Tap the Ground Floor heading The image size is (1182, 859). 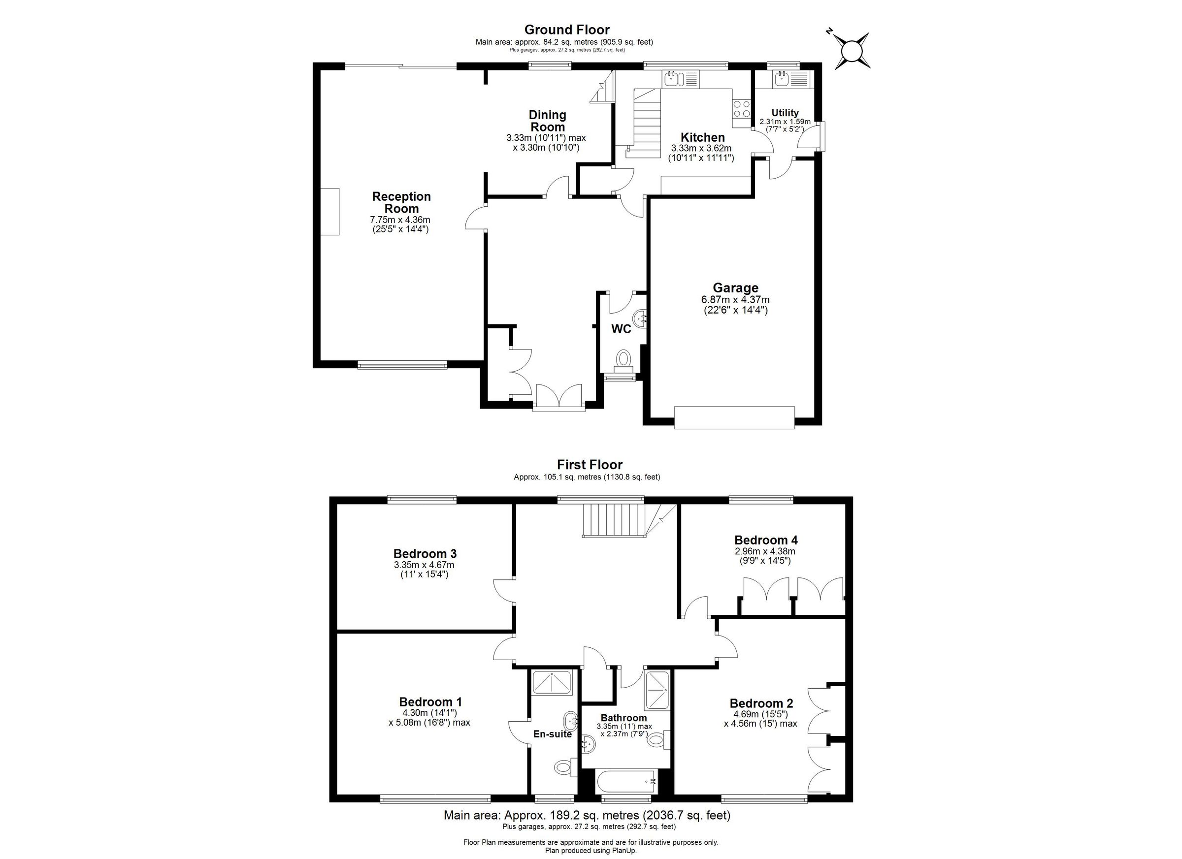pyautogui.click(x=566, y=30)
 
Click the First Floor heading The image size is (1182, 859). pyautogui.click(x=590, y=464)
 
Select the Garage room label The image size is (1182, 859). pyautogui.click(x=735, y=287)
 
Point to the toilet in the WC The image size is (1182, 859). pyautogui.click(x=624, y=359)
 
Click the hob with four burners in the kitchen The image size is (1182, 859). pyautogui.click(x=742, y=109)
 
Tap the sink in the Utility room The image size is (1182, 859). pyautogui.click(x=781, y=79)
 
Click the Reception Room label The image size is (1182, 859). pyautogui.click(x=401, y=203)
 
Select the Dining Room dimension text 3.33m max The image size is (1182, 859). pyautogui.click(x=546, y=138)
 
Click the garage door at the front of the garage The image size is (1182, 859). pyautogui.click(x=734, y=418)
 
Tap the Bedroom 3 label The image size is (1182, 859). pyautogui.click(x=425, y=553)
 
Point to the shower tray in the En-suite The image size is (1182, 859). pyautogui.click(x=552, y=683)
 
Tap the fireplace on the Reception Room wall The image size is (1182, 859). pyautogui.click(x=329, y=212)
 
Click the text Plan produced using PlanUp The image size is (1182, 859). pyautogui.click(x=591, y=851)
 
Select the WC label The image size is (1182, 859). pyautogui.click(x=621, y=329)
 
